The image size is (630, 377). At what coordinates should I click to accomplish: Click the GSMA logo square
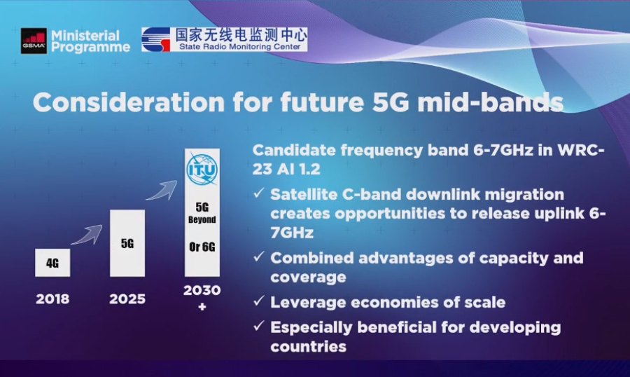click(x=34, y=41)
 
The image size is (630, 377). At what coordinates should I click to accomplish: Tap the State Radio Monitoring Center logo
click(x=224, y=39)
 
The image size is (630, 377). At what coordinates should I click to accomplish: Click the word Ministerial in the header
click(x=85, y=36)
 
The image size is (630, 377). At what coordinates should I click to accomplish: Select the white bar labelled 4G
click(x=52, y=263)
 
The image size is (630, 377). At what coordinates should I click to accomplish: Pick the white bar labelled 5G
click(x=127, y=243)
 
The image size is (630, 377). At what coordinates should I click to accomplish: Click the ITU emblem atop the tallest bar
click(x=202, y=170)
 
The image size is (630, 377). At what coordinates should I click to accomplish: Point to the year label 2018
click(x=52, y=299)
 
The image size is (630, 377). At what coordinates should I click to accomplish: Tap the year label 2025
click(x=127, y=299)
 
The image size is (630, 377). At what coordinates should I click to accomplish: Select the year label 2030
click(x=202, y=290)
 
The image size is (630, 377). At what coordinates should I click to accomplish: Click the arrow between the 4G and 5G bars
click(x=87, y=235)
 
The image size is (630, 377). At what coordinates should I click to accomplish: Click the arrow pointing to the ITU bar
click(x=162, y=191)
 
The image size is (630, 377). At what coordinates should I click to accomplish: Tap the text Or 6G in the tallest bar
click(x=202, y=247)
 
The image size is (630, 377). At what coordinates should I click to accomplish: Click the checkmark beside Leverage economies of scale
click(x=259, y=301)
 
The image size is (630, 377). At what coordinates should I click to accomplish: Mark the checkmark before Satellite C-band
click(x=259, y=193)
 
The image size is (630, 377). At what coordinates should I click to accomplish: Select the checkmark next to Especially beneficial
click(x=259, y=326)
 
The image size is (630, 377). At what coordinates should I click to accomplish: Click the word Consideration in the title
click(x=129, y=102)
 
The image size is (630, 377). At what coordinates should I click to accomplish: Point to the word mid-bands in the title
click(x=491, y=102)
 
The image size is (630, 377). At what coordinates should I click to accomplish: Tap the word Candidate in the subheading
click(x=294, y=150)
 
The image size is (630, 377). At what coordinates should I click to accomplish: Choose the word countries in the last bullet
click(x=308, y=346)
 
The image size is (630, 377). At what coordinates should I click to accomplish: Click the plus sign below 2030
click(x=202, y=307)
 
